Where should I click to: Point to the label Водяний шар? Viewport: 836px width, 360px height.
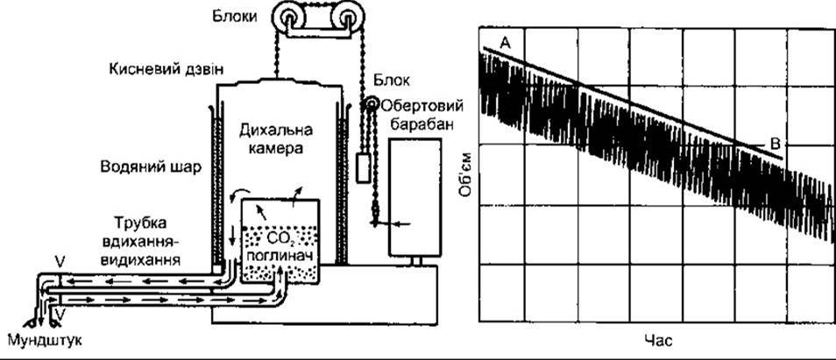[x=151, y=168]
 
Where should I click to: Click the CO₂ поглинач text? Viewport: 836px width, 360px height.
[x=280, y=246]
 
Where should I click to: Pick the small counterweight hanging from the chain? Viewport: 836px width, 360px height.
[x=364, y=168]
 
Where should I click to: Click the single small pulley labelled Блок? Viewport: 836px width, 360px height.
[x=371, y=103]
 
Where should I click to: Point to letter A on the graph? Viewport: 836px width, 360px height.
[x=506, y=43]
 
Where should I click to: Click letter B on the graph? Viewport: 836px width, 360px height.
[x=776, y=144]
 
